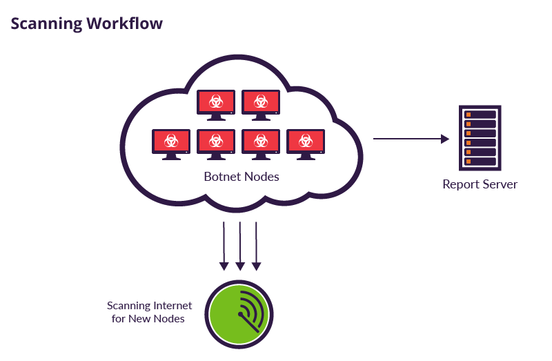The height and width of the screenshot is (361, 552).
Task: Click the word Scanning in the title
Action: click(x=46, y=23)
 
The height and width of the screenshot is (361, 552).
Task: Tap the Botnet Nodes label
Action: click(x=241, y=177)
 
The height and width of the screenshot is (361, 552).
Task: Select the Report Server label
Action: click(x=480, y=184)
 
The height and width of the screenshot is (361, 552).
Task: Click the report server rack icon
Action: click(x=480, y=137)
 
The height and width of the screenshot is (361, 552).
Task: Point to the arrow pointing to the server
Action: click(x=411, y=139)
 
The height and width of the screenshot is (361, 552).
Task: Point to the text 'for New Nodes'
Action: click(x=148, y=319)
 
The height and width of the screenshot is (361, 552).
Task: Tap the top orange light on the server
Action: click(x=468, y=115)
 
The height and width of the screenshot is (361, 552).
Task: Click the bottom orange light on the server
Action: click(x=468, y=161)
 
